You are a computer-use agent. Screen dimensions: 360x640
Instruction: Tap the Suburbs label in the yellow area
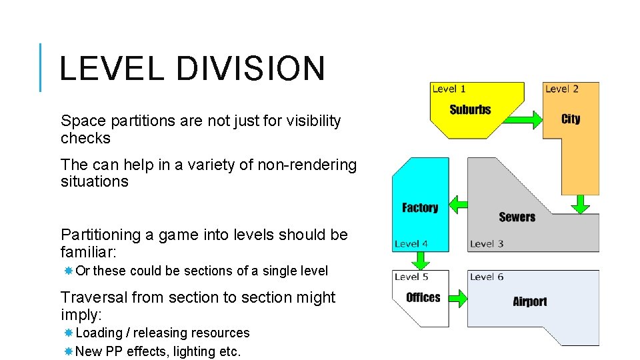[470, 109]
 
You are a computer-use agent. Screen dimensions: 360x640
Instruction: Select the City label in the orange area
[571, 119]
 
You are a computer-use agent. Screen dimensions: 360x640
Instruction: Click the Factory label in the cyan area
[420, 207]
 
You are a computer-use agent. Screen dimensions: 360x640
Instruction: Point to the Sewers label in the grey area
[517, 217]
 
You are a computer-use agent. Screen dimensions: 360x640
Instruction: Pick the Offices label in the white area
[423, 297]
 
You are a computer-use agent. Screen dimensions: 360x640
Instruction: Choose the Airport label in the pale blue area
[529, 301]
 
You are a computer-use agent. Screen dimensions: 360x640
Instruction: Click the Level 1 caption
[449, 89]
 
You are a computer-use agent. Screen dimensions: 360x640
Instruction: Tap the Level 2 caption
[561, 89]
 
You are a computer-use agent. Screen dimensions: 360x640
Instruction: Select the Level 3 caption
[486, 243]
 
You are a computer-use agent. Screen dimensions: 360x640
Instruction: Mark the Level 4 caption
[411, 243]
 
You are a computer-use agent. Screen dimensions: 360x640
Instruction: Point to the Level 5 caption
[411, 277]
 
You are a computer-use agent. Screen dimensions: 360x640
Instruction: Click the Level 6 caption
[486, 277]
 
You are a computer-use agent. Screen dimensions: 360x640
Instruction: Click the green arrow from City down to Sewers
[581, 203]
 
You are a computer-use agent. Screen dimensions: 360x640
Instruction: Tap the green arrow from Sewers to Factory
[458, 203]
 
